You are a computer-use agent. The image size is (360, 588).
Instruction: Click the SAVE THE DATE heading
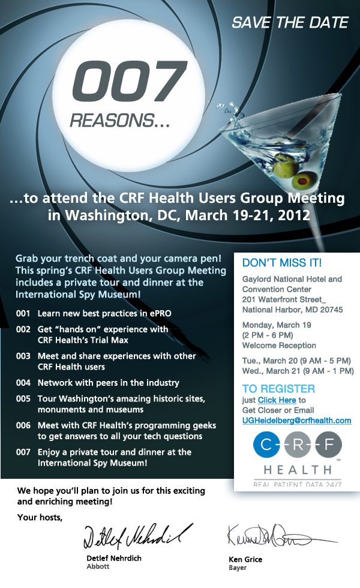tap(290, 23)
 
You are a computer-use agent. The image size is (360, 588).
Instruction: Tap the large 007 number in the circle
tap(130, 82)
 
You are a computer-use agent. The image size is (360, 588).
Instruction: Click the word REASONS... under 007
tap(120, 121)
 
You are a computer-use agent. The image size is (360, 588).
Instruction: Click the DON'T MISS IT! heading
tap(281, 263)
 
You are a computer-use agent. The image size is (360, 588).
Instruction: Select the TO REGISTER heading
tap(278, 389)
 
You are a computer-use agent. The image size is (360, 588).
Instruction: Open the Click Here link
tap(277, 400)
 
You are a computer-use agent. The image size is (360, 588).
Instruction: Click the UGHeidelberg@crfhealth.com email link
tap(296, 421)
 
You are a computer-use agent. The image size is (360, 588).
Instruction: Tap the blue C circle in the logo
tap(266, 445)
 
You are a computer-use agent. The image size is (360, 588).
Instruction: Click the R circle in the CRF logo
tap(298, 445)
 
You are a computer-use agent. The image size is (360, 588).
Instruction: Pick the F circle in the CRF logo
tap(329, 445)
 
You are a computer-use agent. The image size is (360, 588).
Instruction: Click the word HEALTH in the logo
tap(298, 469)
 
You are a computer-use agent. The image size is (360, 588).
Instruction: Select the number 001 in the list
tap(23, 313)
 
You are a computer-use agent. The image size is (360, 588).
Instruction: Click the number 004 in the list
tap(23, 383)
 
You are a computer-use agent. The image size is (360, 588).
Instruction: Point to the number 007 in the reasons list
tap(23, 452)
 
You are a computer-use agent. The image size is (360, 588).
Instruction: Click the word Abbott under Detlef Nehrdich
tap(98, 566)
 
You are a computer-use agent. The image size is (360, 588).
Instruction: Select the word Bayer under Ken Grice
tap(238, 568)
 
